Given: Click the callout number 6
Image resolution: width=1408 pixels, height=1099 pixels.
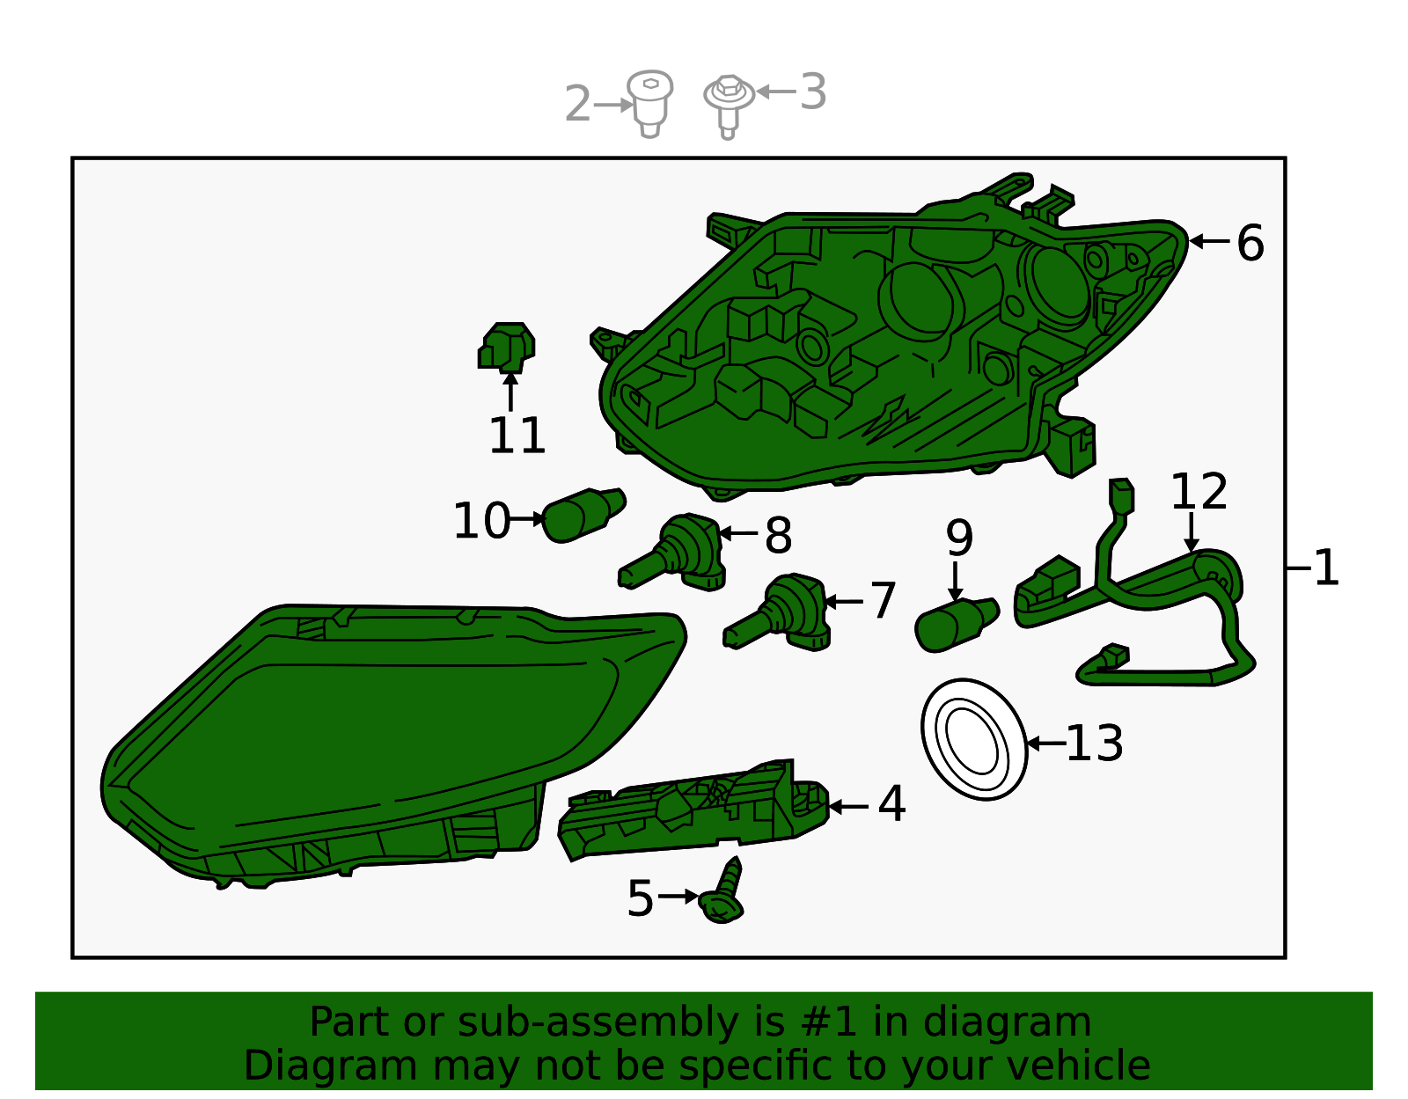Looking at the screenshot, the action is point(1250,243).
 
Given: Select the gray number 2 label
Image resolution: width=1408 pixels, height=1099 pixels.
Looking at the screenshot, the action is point(577,103).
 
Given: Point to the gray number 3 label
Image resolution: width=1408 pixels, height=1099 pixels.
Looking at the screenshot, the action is point(812,92).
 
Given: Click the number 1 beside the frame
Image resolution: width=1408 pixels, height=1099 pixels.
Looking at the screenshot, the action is point(1325,568).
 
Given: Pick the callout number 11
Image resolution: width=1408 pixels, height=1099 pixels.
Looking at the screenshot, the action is point(517,436).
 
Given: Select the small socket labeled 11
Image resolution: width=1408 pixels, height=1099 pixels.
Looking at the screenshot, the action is point(507,348).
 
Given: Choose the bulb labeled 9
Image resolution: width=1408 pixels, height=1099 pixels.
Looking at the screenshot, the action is point(957,625).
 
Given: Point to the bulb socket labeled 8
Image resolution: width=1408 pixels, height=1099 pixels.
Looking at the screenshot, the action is point(674,552).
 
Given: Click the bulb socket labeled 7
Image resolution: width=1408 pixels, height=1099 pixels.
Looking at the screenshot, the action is point(779,612).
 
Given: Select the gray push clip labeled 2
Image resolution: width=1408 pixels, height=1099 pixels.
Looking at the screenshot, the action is point(649,104).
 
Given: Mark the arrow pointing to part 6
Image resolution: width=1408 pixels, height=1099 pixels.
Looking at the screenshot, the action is point(1209,241).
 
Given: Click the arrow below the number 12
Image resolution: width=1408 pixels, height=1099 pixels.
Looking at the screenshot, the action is point(1191,532).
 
